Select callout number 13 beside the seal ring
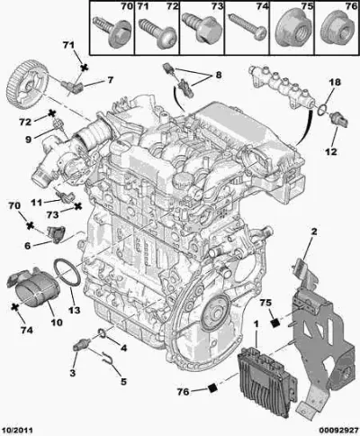click(74, 310)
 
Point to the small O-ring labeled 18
click(322, 110)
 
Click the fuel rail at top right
click(281, 87)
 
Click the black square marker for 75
click(274, 323)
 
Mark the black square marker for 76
click(212, 388)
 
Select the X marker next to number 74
click(13, 307)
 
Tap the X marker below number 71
click(85, 68)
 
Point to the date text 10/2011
click(16, 430)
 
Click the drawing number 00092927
click(338, 430)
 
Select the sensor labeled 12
click(338, 120)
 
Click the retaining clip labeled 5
click(108, 359)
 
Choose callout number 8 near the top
click(218, 74)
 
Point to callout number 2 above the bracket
click(314, 232)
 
